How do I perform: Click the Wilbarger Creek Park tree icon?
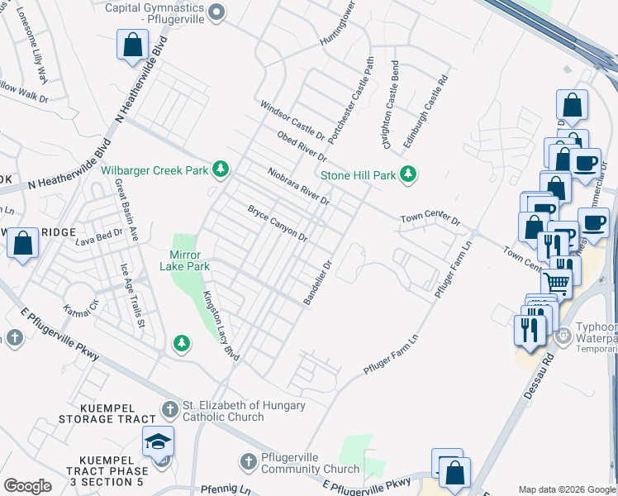point(220,169)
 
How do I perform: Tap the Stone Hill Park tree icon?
point(407,174)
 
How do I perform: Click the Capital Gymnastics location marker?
point(216,11)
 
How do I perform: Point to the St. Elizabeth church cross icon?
point(169,409)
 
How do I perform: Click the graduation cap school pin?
point(158,444)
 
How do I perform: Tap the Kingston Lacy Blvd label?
point(221,326)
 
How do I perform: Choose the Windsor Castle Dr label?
point(292,120)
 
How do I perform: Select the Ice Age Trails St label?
point(132,295)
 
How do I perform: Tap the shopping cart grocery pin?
point(558,283)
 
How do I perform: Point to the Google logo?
point(27,486)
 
